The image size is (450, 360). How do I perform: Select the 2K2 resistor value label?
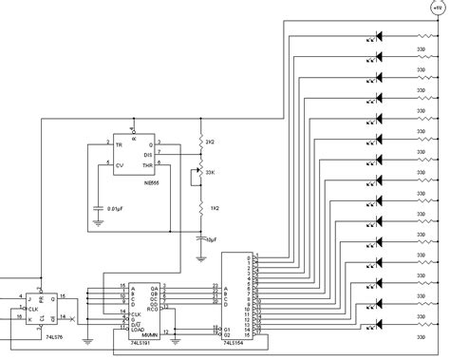[x=211, y=141]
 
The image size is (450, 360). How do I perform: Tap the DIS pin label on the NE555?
[x=147, y=154]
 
